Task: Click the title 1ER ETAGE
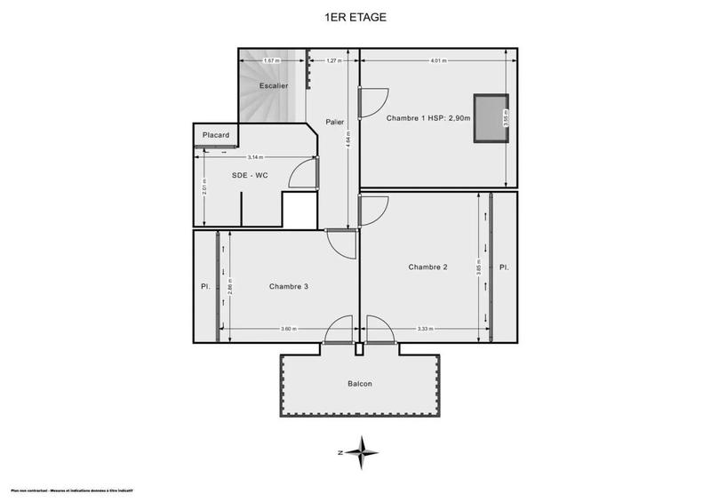(355, 16)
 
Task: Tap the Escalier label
(273, 86)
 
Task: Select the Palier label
(335, 122)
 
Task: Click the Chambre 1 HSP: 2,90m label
(427, 118)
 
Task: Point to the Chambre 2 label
(427, 267)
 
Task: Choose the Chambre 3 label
(289, 286)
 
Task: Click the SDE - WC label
(250, 175)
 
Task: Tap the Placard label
(216, 135)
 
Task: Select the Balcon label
(360, 384)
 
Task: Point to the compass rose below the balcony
(360, 452)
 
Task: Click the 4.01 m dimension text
(437, 61)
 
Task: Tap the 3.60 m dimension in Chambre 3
(288, 330)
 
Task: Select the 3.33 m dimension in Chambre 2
(426, 330)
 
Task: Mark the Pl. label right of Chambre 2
(504, 267)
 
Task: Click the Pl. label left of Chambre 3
(205, 286)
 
